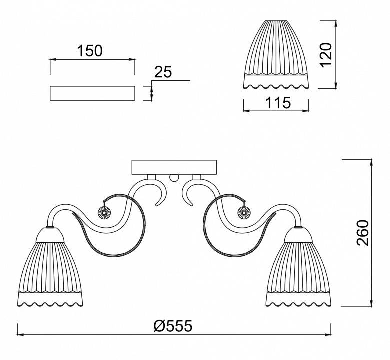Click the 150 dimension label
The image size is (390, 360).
(x=90, y=51)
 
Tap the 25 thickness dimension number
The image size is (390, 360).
(x=163, y=72)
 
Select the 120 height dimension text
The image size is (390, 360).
(x=326, y=55)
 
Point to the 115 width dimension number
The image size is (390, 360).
(x=278, y=103)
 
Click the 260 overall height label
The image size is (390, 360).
(x=363, y=233)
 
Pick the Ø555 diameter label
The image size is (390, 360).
(x=173, y=325)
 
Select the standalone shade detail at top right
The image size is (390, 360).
(x=276, y=55)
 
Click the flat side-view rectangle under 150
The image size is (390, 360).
(x=92, y=93)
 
